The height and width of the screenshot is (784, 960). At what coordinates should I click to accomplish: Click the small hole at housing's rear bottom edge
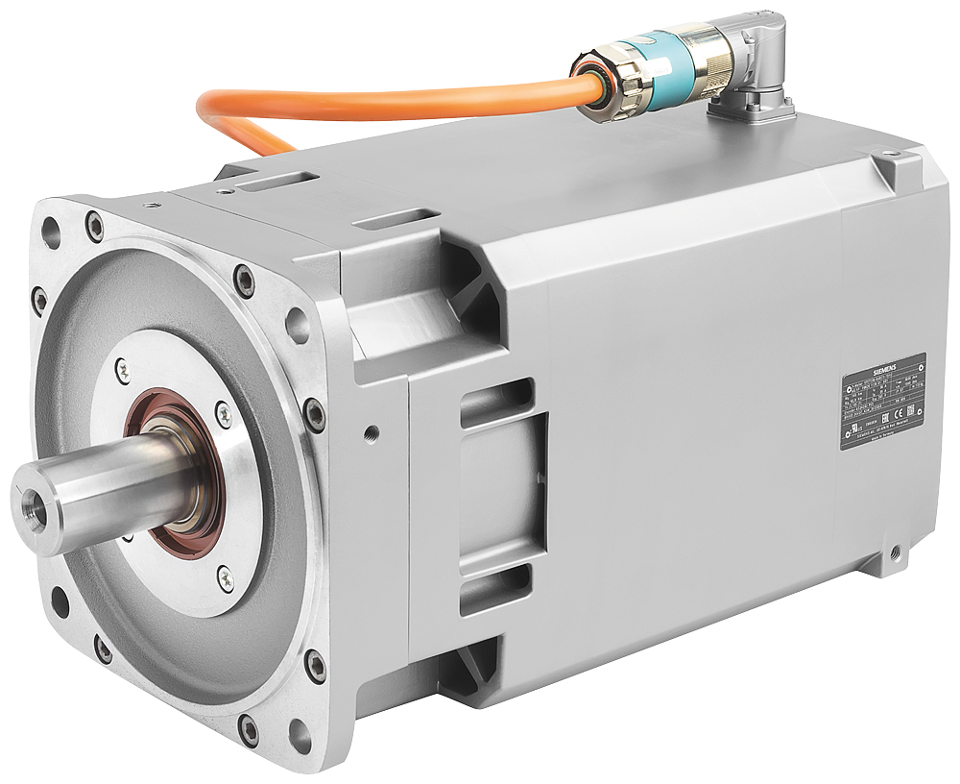(x=896, y=552)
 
